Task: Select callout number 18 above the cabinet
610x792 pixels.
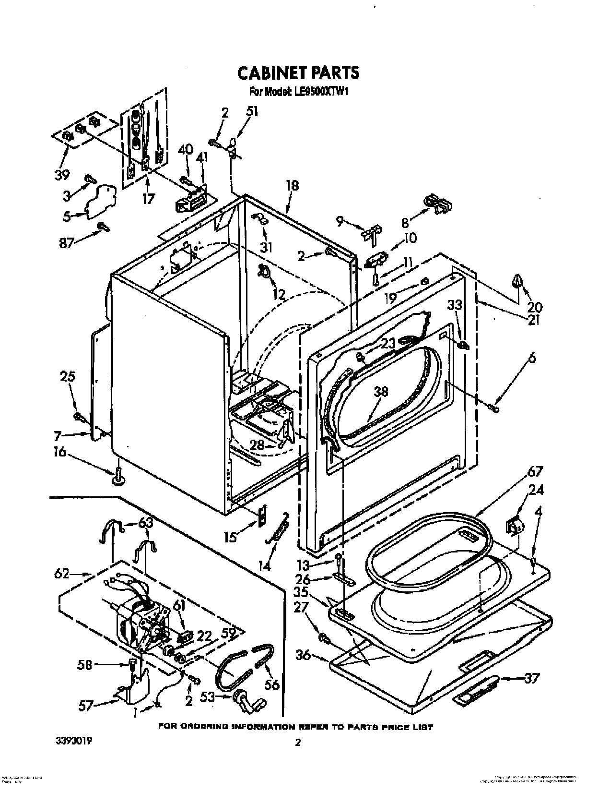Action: [x=292, y=186]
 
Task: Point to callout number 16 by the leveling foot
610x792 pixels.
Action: [x=61, y=453]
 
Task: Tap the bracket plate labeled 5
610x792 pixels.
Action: [x=102, y=199]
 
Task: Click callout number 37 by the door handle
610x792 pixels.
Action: [x=531, y=679]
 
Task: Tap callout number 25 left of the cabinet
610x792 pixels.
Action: [x=68, y=377]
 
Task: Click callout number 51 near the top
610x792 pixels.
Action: [x=252, y=112]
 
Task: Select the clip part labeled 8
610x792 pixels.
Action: [x=437, y=204]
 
